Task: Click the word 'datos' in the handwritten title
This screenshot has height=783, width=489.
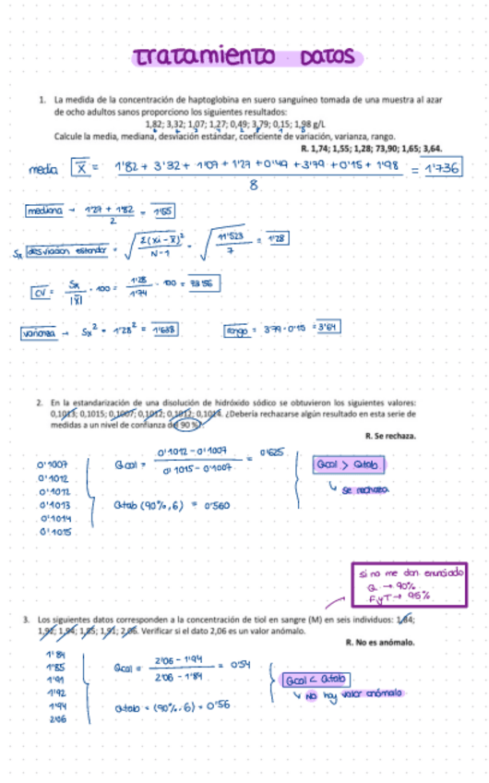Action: click(x=322, y=57)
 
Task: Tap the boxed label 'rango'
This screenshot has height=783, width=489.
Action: click(x=239, y=330)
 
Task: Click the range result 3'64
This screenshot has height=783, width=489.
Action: click(x=328, y=329)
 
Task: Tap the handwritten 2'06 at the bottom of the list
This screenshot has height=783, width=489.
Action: click(x=56, y=718)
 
